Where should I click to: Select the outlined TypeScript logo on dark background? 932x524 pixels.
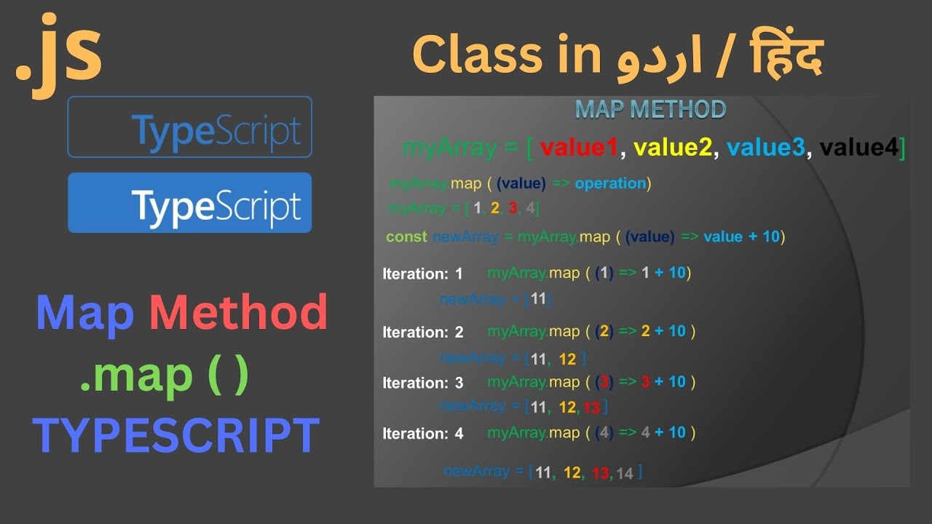(x=189, y=127)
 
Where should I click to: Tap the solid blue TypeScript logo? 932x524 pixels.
(x=189, y=203)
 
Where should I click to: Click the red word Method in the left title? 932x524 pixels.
(x=238, y=313)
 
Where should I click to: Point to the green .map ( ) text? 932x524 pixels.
(x=165, y=374)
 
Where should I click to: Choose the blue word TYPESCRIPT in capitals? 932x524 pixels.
(x=175, y=435)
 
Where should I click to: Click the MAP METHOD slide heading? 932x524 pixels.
(x=650, y=109)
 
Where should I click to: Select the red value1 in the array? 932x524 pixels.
(x=579, y=148)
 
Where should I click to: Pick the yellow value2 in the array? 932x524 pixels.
(x=672, y=148)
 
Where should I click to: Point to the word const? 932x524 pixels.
(x=406, y=237)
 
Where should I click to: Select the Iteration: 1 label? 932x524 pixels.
(x=422, y=274)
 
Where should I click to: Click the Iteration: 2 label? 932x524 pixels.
(x=422, y=333)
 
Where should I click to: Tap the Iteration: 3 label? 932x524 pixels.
(x=422, y=383)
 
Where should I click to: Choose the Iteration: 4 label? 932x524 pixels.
(x=422, y=434)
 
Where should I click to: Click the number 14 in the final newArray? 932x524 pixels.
(x=624, y=474)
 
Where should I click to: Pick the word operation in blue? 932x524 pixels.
(x=610, y=183)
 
